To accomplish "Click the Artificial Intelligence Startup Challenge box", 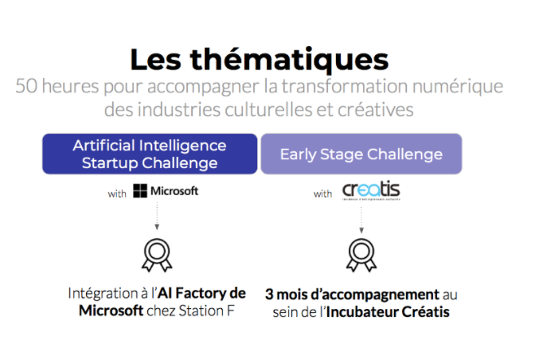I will tap(150, 154).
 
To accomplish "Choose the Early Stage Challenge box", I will tap(361, 154).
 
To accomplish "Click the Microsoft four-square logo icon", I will tap(141, 191).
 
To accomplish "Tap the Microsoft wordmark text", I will tap(174, 191).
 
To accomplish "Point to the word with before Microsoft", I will tap(117, 192).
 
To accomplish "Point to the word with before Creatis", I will tap(322, 193).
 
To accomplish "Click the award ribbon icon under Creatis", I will tap(361, 254).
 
